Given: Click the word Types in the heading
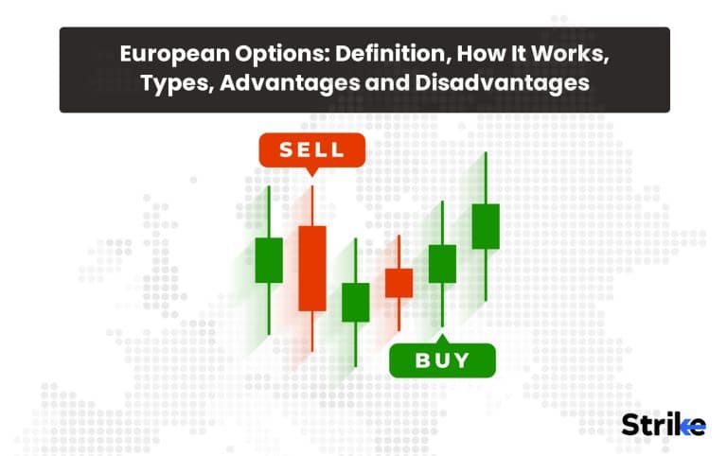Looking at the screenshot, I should pyautogui.click(x=172, y=83).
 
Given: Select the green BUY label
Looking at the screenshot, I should pyautogui.click(x=443, y=360).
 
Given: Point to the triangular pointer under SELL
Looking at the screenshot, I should pyautogui.click(x=311, y=172).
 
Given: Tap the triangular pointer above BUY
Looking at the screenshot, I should pyautogui.click(x=442, y=337).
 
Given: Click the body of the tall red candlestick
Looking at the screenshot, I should pyautogui.click(x=312, y=268).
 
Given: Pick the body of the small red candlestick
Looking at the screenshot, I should pyautogui.click(x=399, y=283).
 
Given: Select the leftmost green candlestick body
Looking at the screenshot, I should pyautogui.click(x=269, y=260).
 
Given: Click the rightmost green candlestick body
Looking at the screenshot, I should pyautogui.click(x=485, y=226).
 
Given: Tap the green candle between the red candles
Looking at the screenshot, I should pyautogui.click(x=356, y=302).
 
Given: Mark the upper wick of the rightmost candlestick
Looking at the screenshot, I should pyautogui.click(x=485, y=178).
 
